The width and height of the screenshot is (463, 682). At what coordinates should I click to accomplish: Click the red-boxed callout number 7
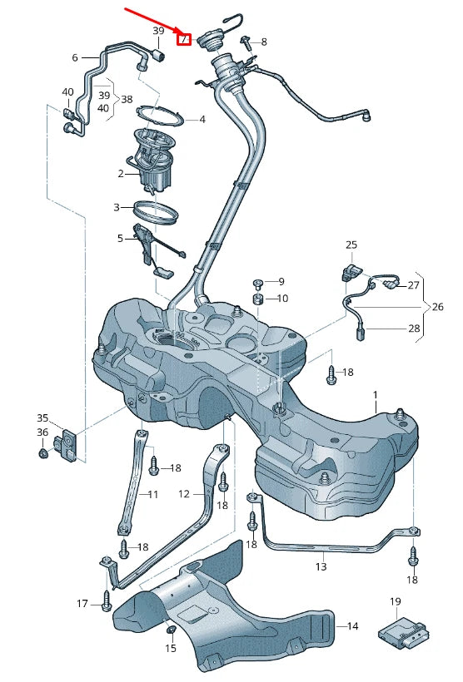click(184, 40)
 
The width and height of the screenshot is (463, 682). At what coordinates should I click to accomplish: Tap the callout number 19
click(395, 602)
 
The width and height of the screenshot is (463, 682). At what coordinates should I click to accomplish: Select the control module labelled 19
click(401, 632)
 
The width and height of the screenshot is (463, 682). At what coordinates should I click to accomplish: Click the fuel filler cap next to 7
click(211, 40)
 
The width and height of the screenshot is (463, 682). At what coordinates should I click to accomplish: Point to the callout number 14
click(353, 626)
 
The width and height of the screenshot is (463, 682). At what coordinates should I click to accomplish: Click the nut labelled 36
click(42, 453)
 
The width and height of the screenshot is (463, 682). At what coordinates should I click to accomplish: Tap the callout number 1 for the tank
click(376, 396)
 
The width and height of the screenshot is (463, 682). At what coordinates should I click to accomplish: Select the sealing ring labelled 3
click(156, 211)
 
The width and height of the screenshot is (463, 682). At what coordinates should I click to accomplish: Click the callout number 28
click(414, 329)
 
